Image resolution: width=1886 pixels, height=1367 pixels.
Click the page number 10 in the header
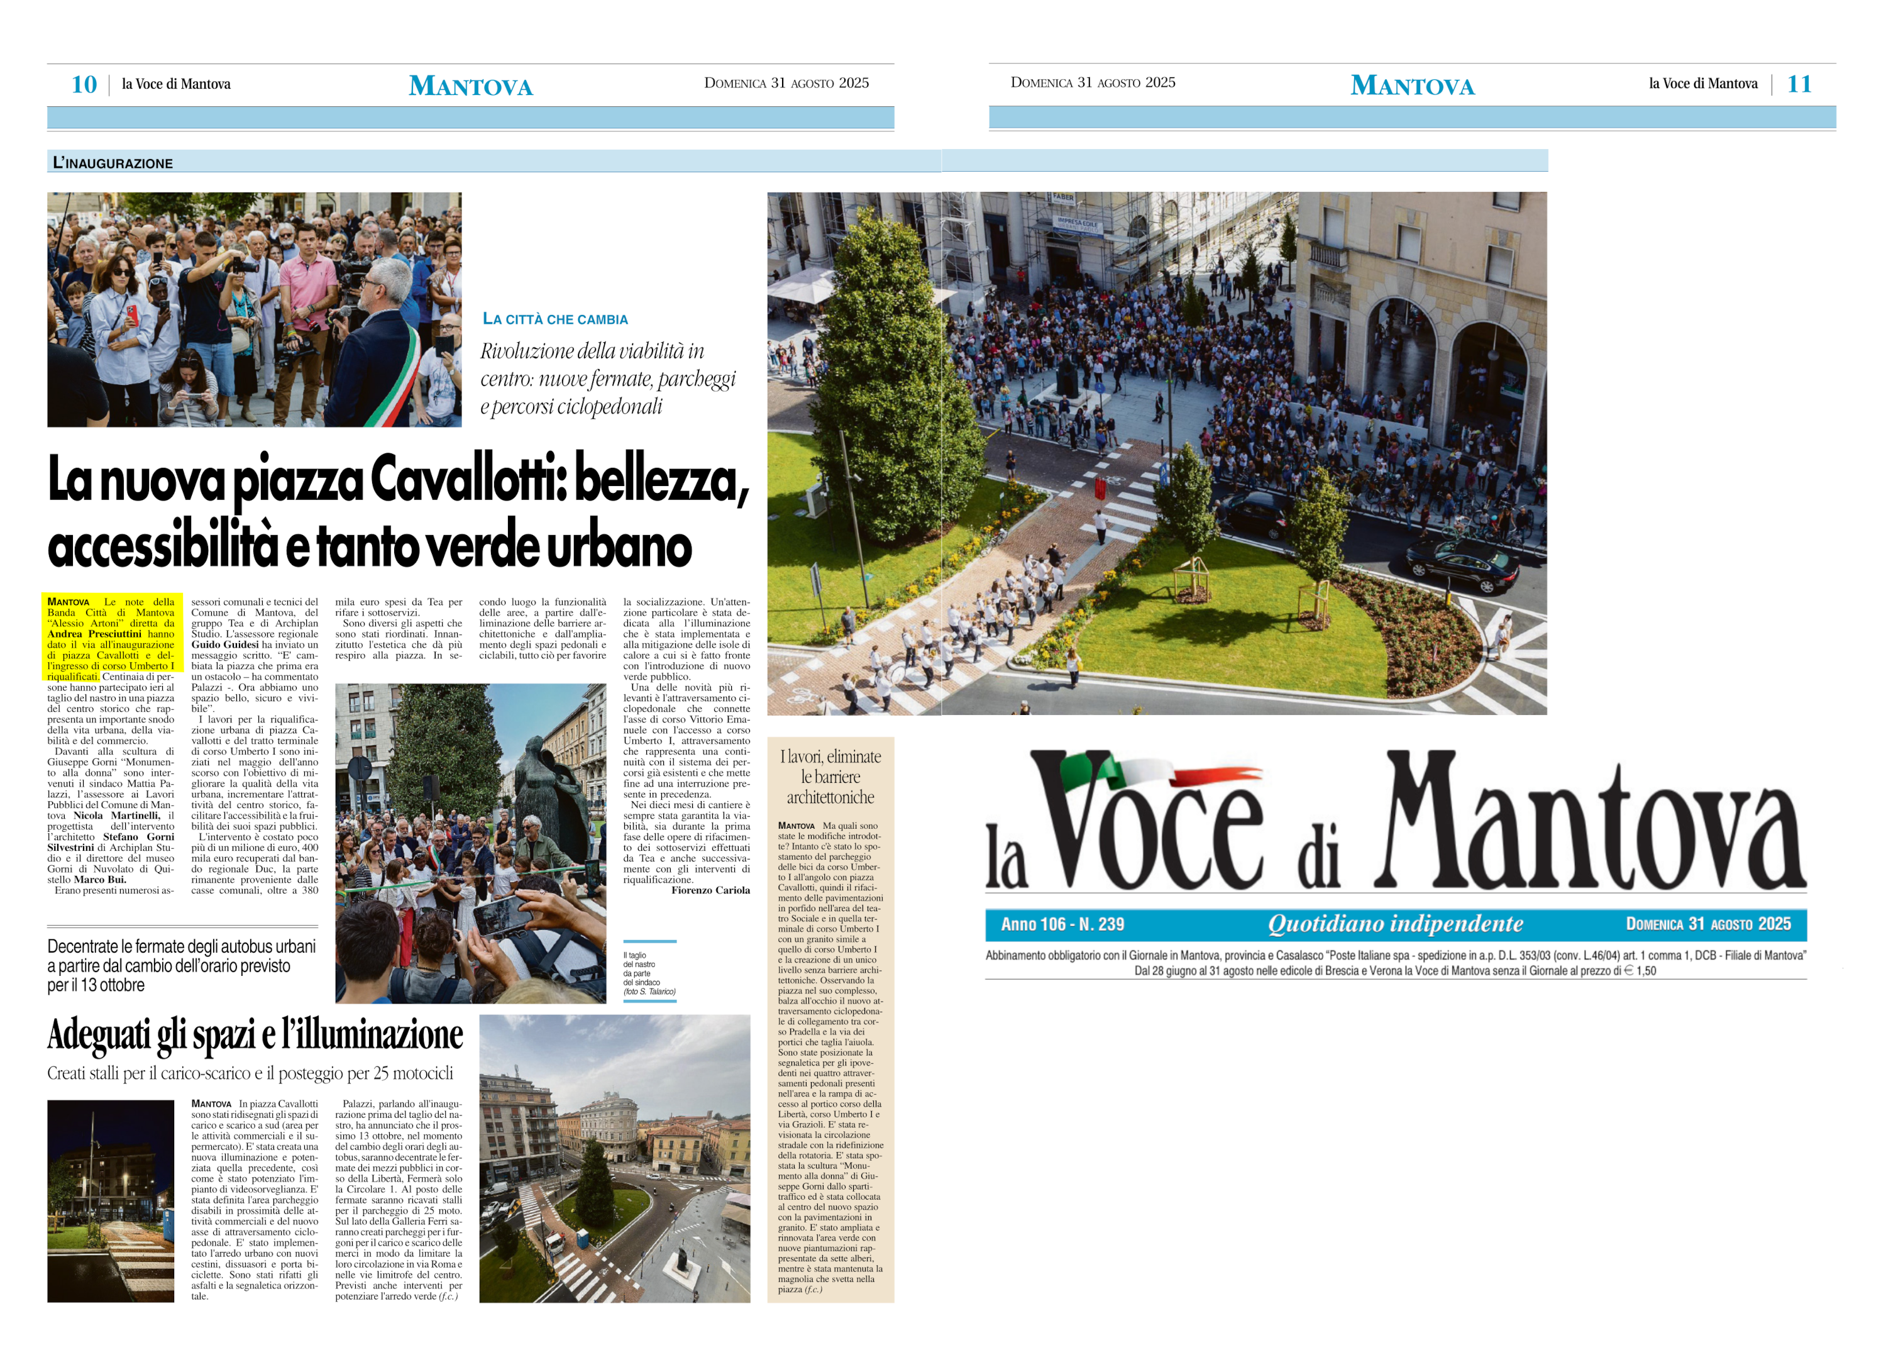[x=84, y=84]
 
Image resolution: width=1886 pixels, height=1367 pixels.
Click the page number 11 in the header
[x=1799, y=84]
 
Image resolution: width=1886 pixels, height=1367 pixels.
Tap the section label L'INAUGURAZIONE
[x=113, y=163]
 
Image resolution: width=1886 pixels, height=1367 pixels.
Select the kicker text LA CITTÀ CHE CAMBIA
[x=556, y=319]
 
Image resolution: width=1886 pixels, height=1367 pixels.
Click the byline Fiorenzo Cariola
[x=710, y=890]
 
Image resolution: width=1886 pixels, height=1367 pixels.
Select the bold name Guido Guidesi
[x=224, y=645]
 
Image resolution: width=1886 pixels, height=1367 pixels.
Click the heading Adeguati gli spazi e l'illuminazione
[x=255, y=1034]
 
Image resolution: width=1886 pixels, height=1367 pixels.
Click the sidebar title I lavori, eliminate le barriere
[x=830, y=777]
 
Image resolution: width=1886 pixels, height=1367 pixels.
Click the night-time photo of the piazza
[x=111, y=1201]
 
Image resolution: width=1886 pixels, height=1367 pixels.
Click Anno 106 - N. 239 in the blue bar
[x=1062, y=924]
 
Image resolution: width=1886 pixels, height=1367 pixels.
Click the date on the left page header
[x=786, y=83]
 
